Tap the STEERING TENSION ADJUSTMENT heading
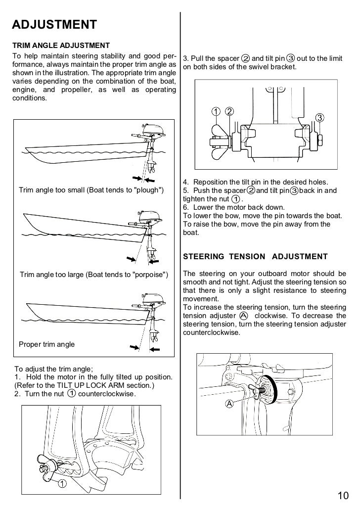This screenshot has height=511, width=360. [255, 256]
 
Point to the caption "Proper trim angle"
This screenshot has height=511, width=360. [46, 344]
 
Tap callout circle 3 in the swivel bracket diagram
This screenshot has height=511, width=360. [319, 117]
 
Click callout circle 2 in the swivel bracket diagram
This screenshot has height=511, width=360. [230, 110]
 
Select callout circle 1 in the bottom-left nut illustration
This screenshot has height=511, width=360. [63, 483]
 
